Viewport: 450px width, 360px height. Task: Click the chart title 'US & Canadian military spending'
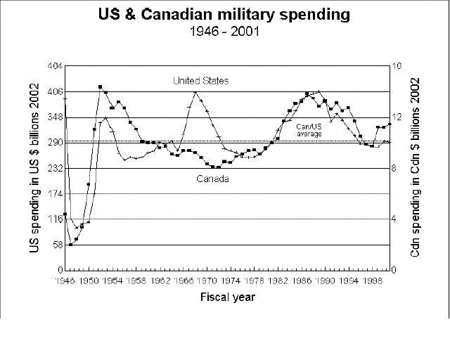coord(224,15)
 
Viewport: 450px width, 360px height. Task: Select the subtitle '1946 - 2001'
coord(224,32)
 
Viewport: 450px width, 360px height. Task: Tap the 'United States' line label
coord(200,81)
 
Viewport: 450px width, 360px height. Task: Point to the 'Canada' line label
coord(212,179)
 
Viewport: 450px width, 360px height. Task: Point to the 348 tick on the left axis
coord(54,117)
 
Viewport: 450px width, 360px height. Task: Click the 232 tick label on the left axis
coord(54,168)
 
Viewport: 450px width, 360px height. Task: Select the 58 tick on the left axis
coord(56,245)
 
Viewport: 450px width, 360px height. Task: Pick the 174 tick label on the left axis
coord(54,193)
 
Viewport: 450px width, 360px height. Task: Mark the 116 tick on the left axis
coord(54,219)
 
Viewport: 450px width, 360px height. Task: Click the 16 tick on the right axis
coord(397,65)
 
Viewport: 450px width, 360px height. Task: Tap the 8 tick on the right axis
coord(395,168)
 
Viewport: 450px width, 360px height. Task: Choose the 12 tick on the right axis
coord(397,117)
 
